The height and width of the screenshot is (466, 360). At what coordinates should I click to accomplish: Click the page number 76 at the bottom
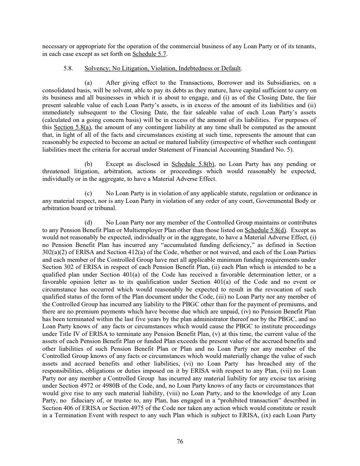(180, 441)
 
